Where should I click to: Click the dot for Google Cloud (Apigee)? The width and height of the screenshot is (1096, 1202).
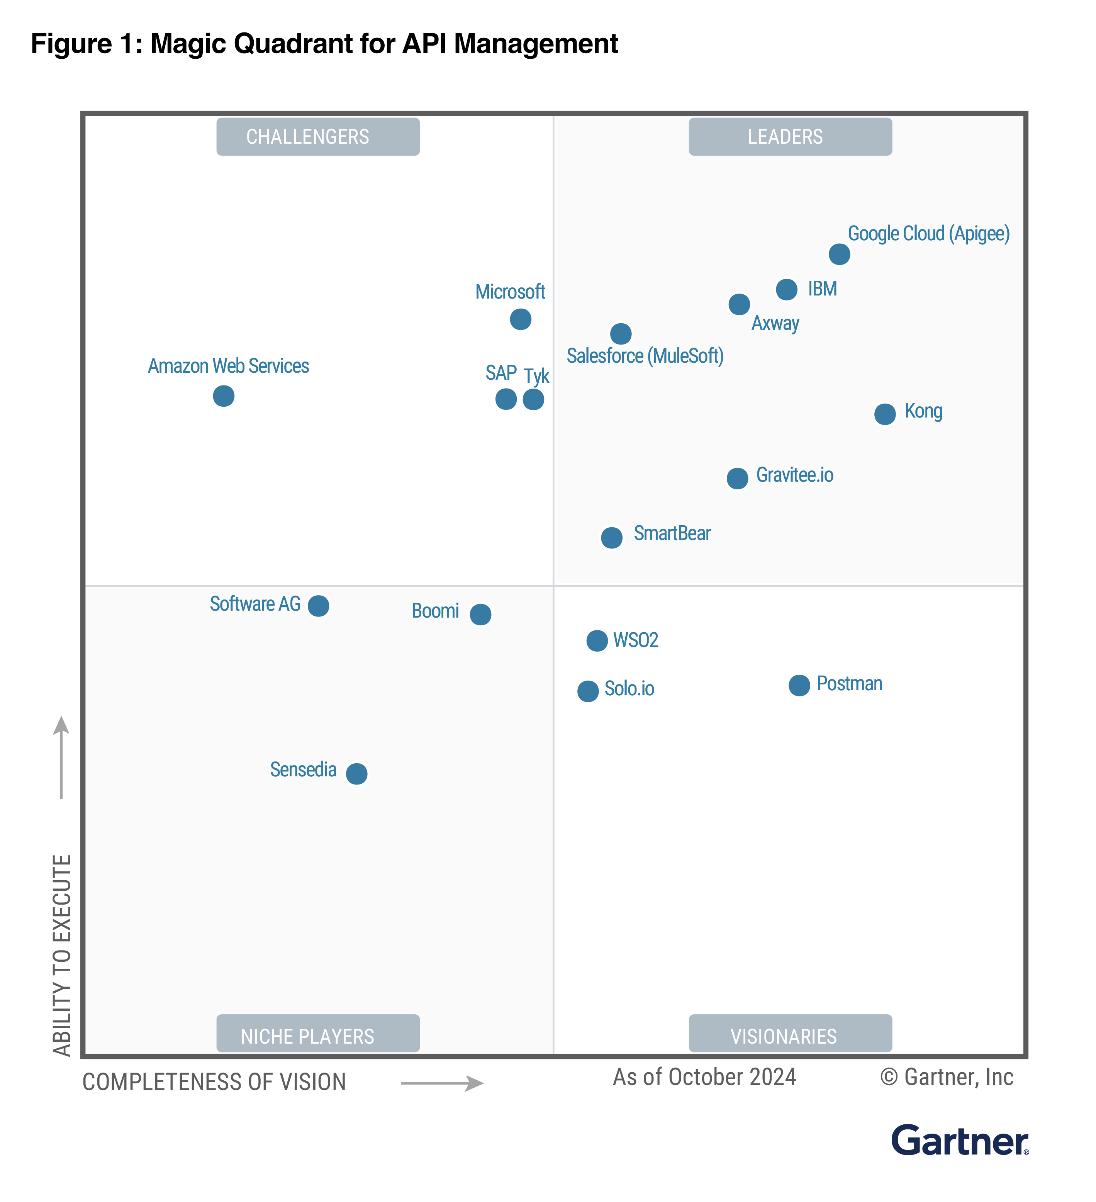coord(839,255)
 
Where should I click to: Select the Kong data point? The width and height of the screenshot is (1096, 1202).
coord(884,414)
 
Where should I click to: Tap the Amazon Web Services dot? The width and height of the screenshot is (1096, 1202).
coord(224,396)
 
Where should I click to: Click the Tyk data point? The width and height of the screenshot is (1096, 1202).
coord(533,399)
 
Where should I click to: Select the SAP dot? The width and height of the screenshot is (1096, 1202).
coord(506,399)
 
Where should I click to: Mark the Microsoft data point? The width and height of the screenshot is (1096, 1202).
coord(521,319)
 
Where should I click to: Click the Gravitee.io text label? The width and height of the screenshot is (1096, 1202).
coord(794,475)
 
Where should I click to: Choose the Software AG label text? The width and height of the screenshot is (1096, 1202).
coord(255,604)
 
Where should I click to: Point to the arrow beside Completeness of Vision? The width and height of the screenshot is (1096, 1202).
coord(442,1083)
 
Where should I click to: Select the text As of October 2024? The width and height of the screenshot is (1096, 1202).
coord(704,1077)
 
